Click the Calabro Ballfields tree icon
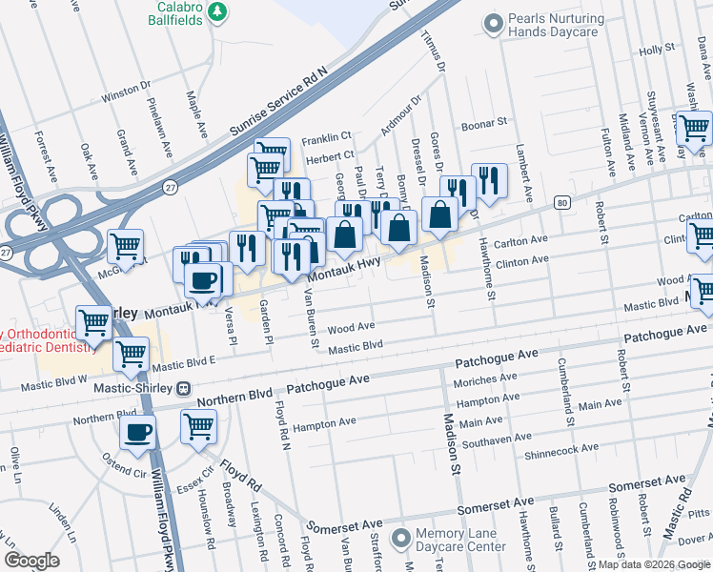(219, 11)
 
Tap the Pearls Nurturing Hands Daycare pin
(493, 22)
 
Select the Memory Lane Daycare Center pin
(398, 538)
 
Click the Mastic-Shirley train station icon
(182, 389)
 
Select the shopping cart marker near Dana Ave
(694, 126)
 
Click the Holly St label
(656, 50)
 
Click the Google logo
(32, 561)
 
